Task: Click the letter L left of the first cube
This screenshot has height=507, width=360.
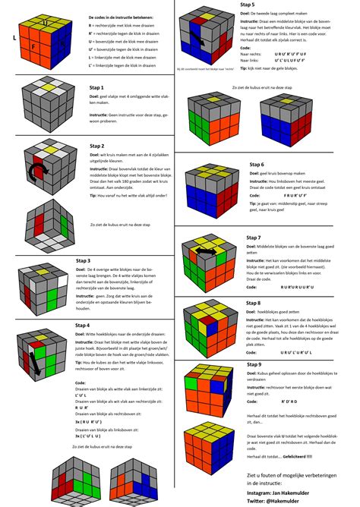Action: [15, 36]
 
